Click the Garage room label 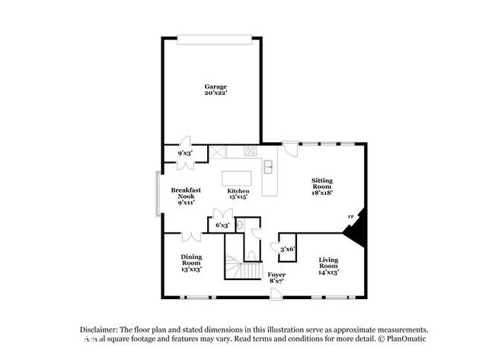pos(215,86)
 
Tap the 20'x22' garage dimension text pos(215,94)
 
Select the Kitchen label pos(238,191)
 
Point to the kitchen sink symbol pos(268,166)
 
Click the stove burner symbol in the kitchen pos(249,151)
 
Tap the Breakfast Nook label pos(185,193)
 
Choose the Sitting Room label pos(321,183)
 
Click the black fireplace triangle pos(357,228)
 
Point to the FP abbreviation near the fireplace pos(351,217)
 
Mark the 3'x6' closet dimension pos(288,248)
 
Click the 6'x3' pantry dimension pos(222,225)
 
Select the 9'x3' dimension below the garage pos(185,153)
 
